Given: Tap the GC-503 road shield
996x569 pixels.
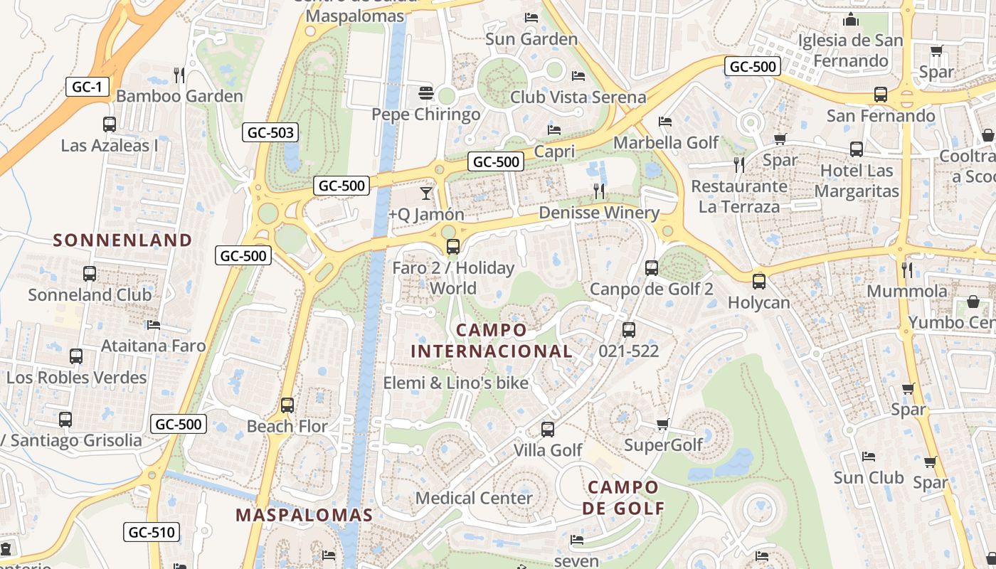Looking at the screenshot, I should point(270,132).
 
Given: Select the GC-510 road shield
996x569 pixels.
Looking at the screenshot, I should point(152,531).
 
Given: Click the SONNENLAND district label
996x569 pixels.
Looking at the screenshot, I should point(123,240).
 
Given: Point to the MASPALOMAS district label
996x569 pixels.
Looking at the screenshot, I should point(304,514).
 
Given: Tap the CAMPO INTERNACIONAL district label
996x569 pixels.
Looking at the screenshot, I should point(492,341).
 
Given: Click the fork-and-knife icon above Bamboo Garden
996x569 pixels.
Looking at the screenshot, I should point(179,74).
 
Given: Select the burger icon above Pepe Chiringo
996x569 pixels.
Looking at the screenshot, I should point(426,92).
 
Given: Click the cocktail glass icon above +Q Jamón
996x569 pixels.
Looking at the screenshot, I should point(426,193).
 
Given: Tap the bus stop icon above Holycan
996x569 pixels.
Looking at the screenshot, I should point(759,281).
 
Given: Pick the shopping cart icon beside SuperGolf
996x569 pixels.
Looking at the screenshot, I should point(663,424).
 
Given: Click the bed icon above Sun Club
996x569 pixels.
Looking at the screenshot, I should point(868,456).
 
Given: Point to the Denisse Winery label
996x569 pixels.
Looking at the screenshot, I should point(599,213).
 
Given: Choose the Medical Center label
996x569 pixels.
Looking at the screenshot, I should point(474,498).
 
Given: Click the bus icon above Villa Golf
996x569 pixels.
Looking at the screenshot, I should point(547,429).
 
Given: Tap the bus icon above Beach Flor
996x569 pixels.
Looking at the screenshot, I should point(287,405).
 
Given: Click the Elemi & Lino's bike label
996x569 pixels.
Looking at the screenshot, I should point(456,383).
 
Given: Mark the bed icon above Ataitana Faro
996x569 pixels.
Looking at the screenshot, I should point(154,325).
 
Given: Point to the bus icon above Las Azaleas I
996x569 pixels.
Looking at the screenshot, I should point(110,124).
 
